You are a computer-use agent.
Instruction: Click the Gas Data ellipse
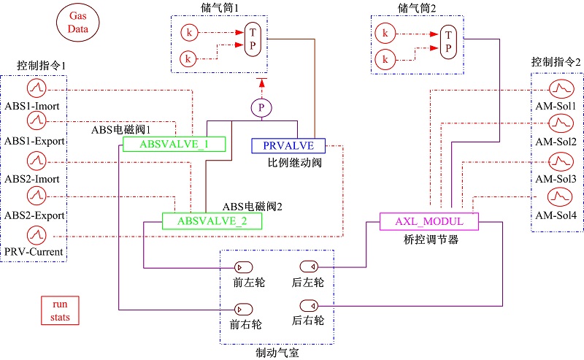coord(77,23)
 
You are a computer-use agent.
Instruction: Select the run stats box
coord(60,309)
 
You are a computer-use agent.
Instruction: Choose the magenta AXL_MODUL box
coord(430,221)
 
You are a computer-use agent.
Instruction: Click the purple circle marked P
coord(261,108)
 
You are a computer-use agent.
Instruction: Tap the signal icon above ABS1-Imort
coord(36,89)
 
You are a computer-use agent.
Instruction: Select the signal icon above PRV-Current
coord(36,235)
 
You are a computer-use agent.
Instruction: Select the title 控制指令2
coord(556,64)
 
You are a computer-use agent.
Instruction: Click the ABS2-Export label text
coord(35,216)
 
